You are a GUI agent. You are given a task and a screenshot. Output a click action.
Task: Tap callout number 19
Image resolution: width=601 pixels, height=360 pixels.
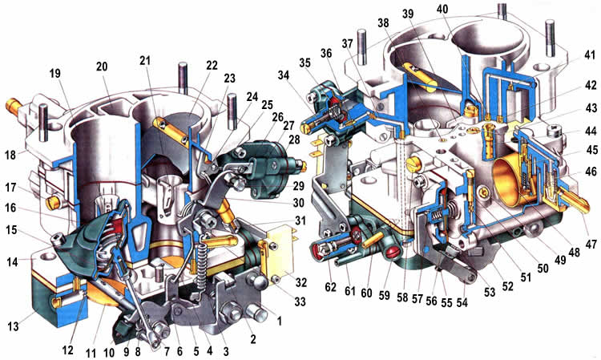tap(54, 74)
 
